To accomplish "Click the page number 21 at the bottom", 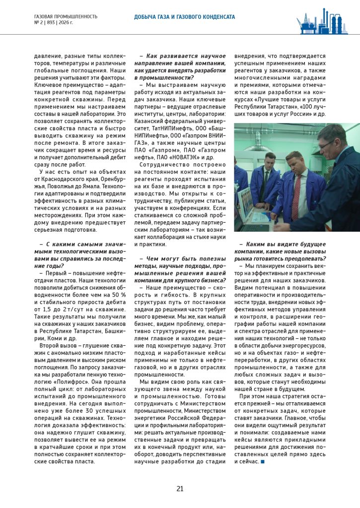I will [x=180, y=489].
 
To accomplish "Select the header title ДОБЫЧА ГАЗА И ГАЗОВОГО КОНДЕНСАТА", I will [x=184, y=17].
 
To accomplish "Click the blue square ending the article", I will [x=262, y=462].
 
